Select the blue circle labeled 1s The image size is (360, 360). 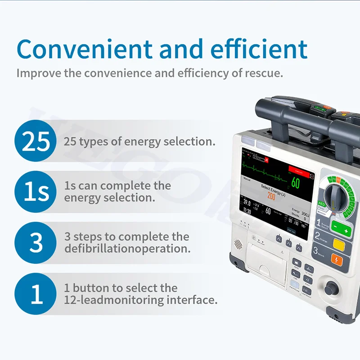[36, 192]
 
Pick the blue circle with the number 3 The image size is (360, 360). [36, 243]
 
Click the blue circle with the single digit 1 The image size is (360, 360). [36, 293]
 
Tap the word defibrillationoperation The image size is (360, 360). [127, 248]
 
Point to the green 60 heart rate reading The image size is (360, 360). [295, 182]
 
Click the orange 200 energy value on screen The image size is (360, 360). [271, 196]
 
